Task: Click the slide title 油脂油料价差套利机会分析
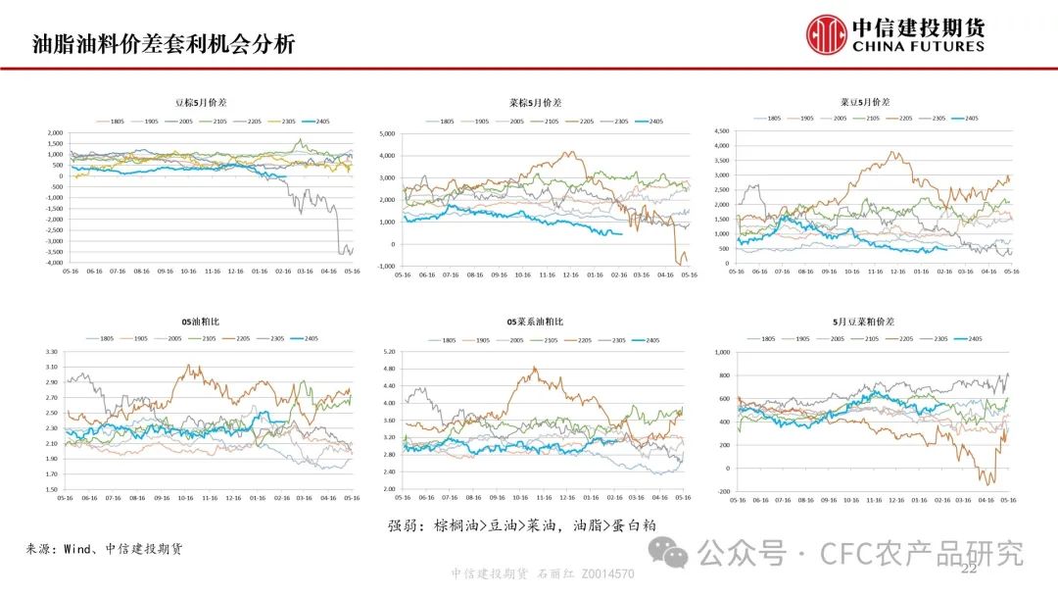point(163,44)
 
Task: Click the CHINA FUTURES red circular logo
point(826,34)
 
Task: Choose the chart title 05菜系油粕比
point(535,322)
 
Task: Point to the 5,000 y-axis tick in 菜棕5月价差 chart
point(385,132)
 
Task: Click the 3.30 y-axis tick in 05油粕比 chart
point(52,351)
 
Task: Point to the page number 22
point(970,570)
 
